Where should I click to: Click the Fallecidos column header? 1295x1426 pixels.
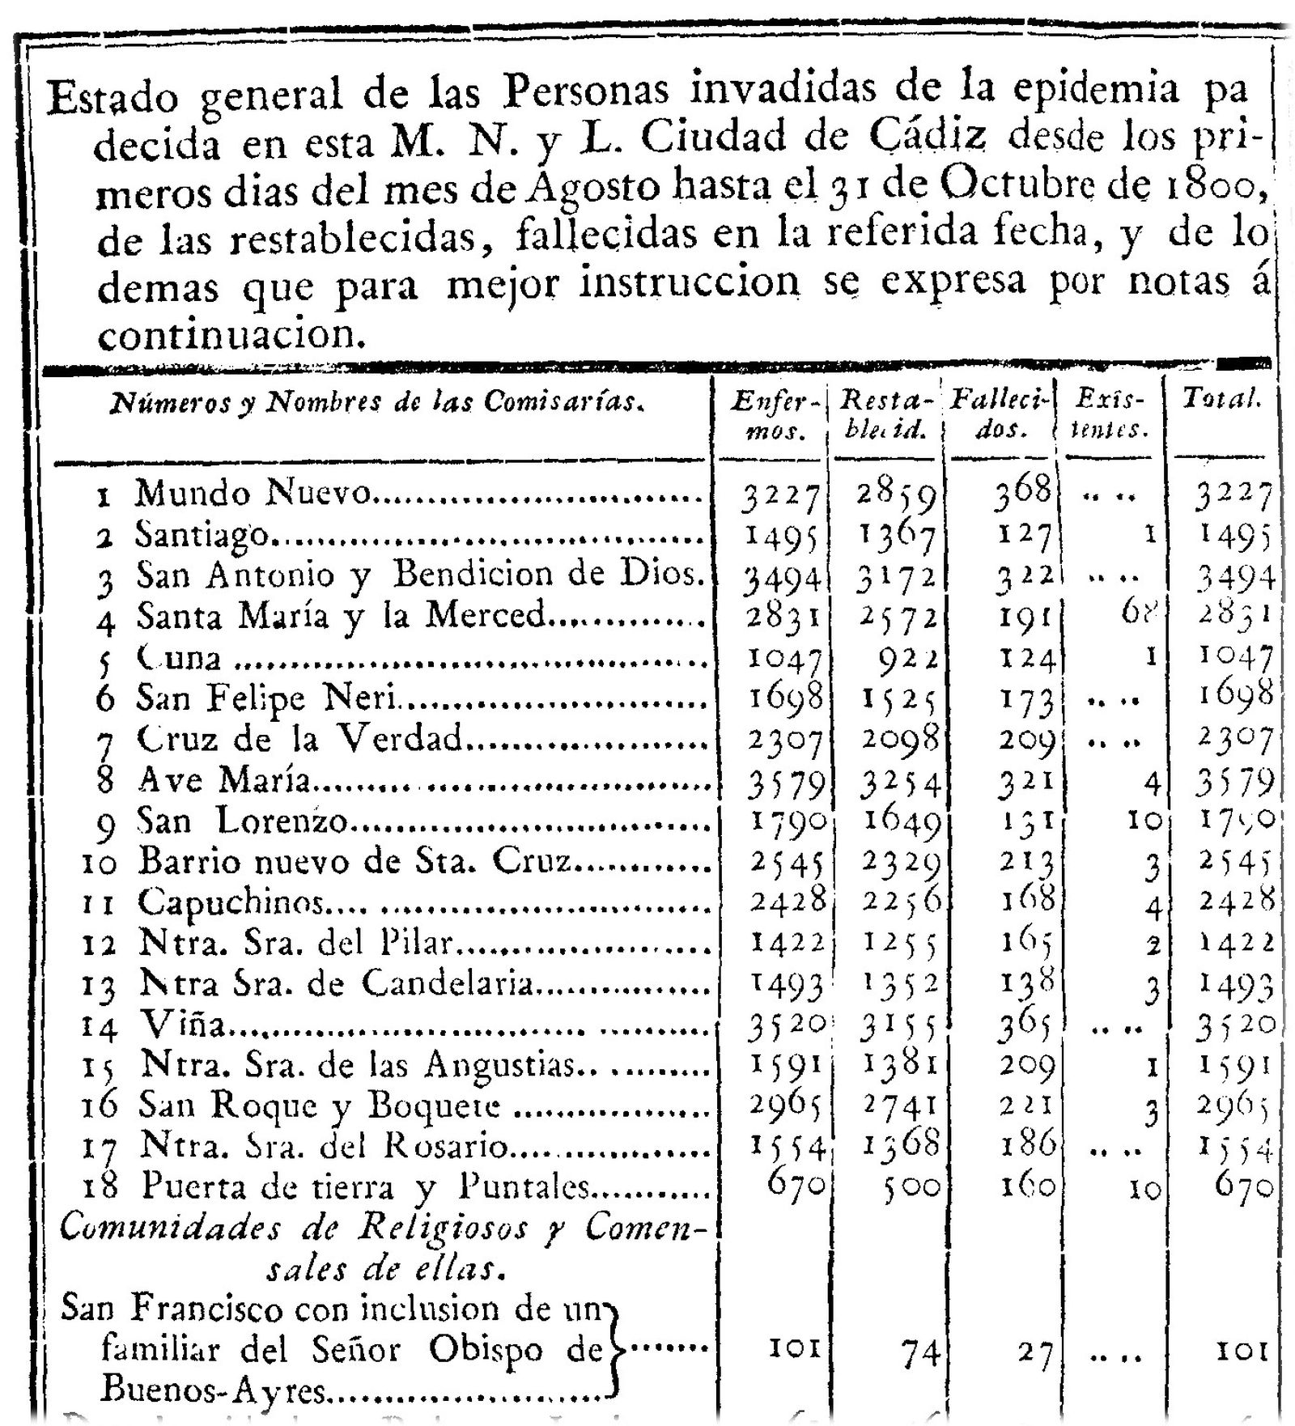[1000, 414]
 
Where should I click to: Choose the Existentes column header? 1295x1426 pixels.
[1110, 414]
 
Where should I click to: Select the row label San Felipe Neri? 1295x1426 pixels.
[267, 697]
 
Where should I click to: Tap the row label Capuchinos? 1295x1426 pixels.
[231, 902]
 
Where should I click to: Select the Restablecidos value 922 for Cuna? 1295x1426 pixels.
[907, 657]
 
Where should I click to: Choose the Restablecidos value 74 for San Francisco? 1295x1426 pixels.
[920, 1351]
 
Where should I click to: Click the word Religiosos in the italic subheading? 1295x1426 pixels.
[443, 1228]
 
